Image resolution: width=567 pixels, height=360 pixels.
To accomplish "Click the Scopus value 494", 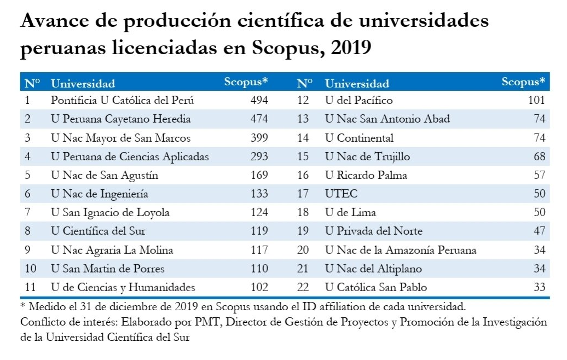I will coord(259,100).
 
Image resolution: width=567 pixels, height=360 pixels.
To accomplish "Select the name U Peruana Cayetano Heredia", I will coord(120,119).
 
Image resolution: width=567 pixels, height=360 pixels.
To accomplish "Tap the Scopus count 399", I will coord(259,138).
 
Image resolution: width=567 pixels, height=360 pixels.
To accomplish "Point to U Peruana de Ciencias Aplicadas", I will coord(130,156).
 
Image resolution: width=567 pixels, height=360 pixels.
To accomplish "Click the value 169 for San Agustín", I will coord(259,175).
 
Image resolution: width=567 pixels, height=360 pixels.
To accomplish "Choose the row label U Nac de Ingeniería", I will coord(100,194).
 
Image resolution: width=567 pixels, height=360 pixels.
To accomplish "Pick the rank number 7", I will coord(27,213).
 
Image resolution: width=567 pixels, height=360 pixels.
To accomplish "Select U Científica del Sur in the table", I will coord(98,231).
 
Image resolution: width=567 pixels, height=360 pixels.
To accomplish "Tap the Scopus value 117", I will coord(259,250).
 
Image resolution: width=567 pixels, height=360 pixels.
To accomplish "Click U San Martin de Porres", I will coord(108,269).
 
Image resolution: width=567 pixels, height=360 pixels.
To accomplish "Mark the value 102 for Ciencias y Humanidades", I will coord(259,287).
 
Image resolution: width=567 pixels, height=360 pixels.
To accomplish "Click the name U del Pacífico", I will coord(359,100).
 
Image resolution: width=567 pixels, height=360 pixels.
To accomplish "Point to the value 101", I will coord(536,100).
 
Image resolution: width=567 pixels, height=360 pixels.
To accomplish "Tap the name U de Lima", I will coord(350,213).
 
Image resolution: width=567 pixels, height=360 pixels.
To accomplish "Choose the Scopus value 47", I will coord(540,231).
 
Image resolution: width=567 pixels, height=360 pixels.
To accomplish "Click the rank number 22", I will coord(303,287).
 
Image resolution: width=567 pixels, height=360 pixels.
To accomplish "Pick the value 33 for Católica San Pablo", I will coord(540,287).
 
